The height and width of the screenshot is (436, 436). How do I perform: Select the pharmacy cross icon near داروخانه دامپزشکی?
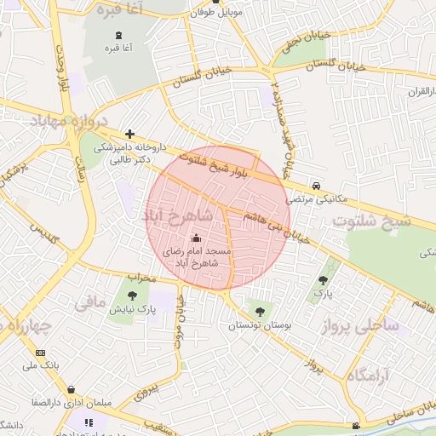click(129, 134)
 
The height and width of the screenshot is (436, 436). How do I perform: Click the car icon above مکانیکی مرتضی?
click(316, 185)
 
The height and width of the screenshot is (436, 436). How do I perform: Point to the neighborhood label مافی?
click(90, 301)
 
